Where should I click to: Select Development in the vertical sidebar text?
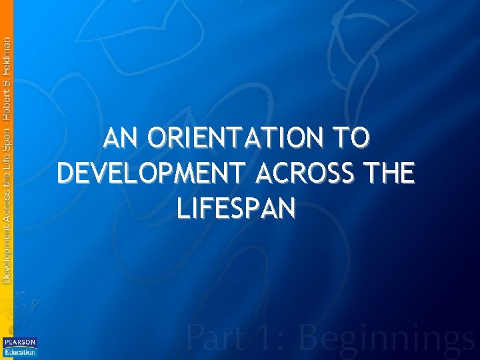[6, 249]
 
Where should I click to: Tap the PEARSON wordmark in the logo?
[20, 342]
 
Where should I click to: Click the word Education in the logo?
[20, 351]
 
